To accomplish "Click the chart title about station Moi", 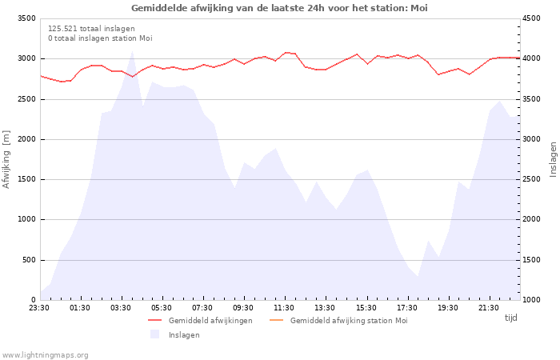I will click(279, 8).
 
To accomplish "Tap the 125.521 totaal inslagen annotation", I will click(91, 29).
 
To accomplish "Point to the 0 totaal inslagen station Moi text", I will click(100, 38).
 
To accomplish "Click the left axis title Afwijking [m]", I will click(6, 158).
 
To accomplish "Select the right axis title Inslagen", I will click(553, 158).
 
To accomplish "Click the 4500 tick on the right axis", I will click(531, 18).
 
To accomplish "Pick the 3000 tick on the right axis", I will click(531, 139).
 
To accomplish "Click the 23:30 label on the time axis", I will click(39, 308).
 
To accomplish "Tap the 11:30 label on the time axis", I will click(284, 308).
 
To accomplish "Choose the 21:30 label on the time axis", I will click(488, 308).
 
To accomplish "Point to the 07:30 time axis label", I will click(202, 308).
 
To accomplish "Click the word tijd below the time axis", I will click(510, 318).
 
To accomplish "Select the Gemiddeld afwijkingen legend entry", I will click(210, 321).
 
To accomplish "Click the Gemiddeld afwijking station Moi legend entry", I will click(349, 321).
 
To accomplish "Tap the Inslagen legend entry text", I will click(184, 335).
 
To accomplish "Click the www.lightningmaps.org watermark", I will click(46, 355).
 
